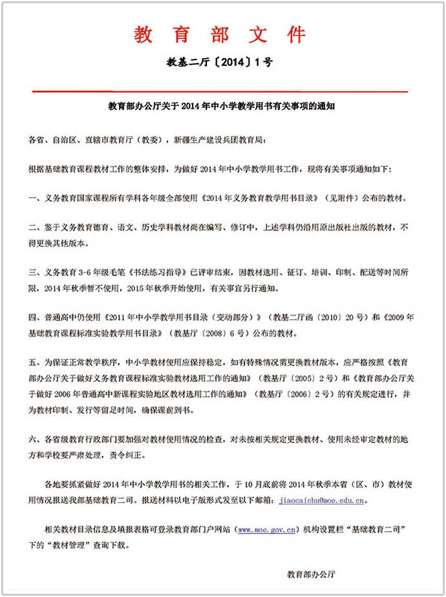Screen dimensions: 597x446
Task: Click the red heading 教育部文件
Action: pyautogui.click(x=220, y=34)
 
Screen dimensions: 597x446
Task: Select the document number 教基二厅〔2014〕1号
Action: pyautogui.click(x=220, y=63)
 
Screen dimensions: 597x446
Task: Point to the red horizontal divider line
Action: pyautogui.click(x=220, y=92)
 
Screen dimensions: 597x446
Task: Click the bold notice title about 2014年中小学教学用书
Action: pyautogui.click(x=220, y=106)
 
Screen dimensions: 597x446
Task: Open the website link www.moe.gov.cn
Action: pyautogui.click(x=267, y=530)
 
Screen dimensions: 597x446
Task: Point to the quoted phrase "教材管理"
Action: pyautogui.click(x=65, y=545)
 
